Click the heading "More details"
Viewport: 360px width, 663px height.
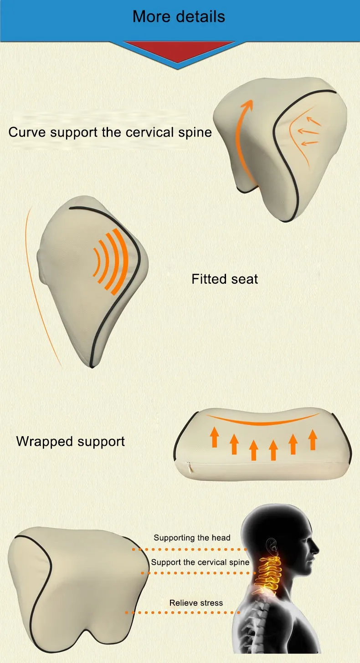(179, 17)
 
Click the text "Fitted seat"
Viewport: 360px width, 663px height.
(225, 279)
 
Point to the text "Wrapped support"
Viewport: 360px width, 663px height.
(70, 441)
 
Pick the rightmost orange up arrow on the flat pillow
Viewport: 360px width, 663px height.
(313, 439)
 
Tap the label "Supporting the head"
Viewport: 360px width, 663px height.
(192, 538)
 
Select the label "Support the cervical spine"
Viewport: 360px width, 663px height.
(200, 562)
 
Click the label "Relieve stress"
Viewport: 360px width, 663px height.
(196, 603)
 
